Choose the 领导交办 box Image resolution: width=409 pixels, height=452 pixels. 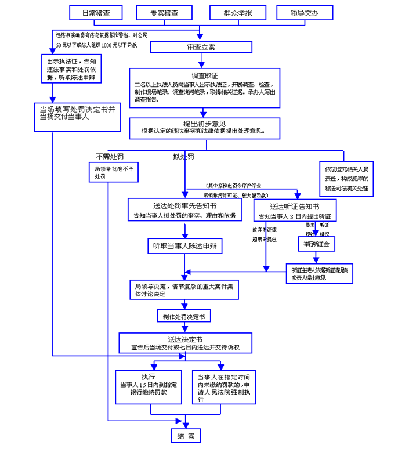[x=305, y=13]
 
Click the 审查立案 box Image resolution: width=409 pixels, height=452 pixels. [x=200, y=47]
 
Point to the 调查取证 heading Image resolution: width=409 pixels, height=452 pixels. [x=204, y=75]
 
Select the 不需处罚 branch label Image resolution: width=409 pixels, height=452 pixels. [x=110, y=157]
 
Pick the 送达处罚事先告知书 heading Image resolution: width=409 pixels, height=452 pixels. [x=184, y=206]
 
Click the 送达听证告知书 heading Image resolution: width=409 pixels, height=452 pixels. [x=295, y=206]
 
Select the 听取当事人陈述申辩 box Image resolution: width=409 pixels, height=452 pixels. [x=184, y=246]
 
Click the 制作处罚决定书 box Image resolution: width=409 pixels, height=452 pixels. [x=184, y=316]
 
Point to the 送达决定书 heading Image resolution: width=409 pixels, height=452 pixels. [x=185, y=339]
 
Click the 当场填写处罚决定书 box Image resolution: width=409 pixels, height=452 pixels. [x=77, y=113]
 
